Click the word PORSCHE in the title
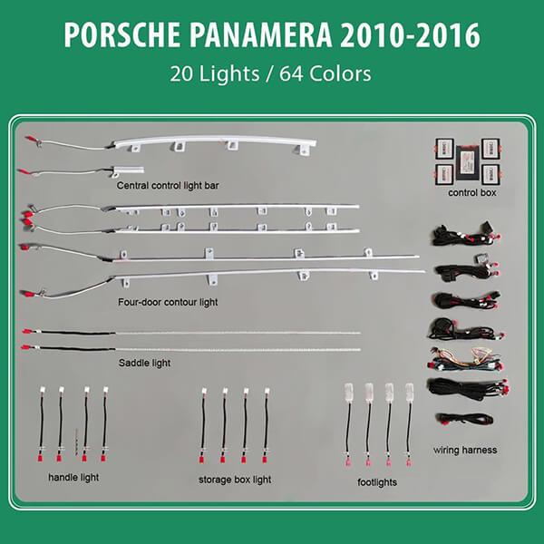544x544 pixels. tap(122, 34)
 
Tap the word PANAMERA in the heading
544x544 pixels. tap(260, 34)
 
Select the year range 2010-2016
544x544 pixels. tap(410, 34)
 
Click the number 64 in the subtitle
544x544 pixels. tap(291, 73)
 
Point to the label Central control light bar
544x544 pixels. tap(168, 186)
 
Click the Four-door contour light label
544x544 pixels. tap(168, 302)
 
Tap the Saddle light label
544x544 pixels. tap(144, 363)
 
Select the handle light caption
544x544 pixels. tap(73, 478)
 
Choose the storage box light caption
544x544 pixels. tap(235, 480)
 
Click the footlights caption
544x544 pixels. tap(377, 482)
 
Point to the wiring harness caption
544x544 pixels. tap(465, 450)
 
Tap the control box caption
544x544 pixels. tap(472, 192)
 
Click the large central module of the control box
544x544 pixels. tap(469, 162)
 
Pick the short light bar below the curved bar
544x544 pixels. tap(127, 170)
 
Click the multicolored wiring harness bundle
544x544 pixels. tap(465, 360)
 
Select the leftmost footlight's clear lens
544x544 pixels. tap(349, 393)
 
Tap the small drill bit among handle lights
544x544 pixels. tap(76, 442)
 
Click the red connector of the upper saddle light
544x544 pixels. tap(26, 331)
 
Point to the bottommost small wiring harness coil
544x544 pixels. tap(465, 418)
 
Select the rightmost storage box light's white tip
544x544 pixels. tap(267, 391)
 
